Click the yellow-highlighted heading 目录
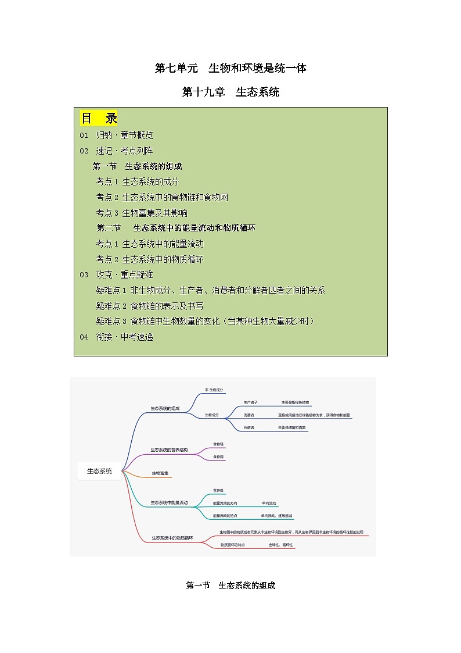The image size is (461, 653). coord(99,119)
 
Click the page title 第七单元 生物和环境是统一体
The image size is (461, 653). coord(230,68)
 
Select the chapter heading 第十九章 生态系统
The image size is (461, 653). coord(230,92)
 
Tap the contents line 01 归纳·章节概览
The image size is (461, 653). coord(117,135)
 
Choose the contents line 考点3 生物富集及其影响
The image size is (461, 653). coord(142,213)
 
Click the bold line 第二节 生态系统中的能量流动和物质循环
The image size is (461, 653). coord(176,228)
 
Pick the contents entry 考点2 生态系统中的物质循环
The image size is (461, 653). coord(150,259)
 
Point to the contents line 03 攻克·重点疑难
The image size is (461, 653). coord(117,274)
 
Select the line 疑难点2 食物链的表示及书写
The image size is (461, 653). coord(150,306)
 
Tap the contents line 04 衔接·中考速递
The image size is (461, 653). coord(117,337)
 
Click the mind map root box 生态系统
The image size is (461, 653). coord(99,471)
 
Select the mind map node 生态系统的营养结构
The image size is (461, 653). coord(169,449)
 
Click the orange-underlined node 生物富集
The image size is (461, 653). coord(160,473)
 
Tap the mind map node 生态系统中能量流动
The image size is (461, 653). coord(169,502)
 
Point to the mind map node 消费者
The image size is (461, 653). coord(248,415)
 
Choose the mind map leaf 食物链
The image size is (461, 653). coord(218,444)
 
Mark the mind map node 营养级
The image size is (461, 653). coord(218,491)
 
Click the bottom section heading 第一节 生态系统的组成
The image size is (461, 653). coord(230,586)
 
